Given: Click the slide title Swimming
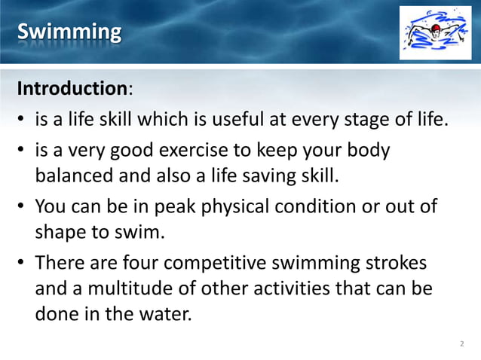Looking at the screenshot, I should pos(69,32).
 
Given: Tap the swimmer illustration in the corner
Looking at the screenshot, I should pos(435,32).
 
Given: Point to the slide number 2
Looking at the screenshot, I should pos(461,344).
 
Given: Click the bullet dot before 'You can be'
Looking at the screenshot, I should pos(23,206).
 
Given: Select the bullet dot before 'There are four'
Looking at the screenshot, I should pos(23,264).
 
